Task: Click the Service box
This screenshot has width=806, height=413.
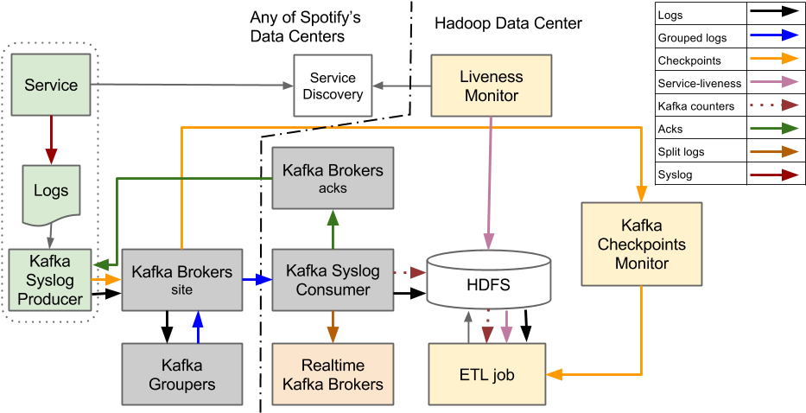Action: coord(50,85)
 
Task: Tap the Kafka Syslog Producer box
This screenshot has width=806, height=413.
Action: coord(50,280)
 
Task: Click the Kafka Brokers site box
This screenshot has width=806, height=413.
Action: coord(181,280)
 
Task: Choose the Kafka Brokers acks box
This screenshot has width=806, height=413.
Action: coord(333,177)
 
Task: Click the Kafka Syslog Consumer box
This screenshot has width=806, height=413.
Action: coord(333,280)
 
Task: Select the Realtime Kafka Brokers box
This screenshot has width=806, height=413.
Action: coord(333,375)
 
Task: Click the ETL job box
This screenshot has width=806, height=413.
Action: coord(487,375)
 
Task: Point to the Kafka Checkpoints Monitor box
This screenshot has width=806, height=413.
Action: coord(642,245)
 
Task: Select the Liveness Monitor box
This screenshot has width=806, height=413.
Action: coord(492,85)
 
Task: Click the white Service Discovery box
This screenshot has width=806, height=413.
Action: coord(333,85)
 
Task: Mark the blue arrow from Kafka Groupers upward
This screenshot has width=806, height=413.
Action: coord(197,327)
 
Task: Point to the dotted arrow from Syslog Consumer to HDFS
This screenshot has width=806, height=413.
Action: coord(410,272)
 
